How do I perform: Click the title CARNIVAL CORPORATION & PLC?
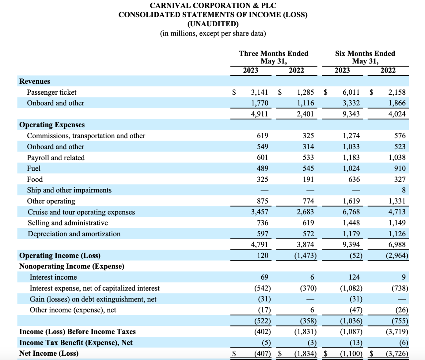pyautogui.click(x=213, y=6)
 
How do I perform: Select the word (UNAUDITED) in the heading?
pyautogui.click(x=213, y=24)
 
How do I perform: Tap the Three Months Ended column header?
pyautogui.click(x=274, y=54)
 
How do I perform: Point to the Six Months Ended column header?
pyautogui.click(x=365, y=54)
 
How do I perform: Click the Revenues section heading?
pyautogui.click(x=35, y=81)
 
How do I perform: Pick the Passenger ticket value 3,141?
pyautogui.click(x=259, y=92)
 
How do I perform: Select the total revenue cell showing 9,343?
pyautogui.click(x=351, y=114)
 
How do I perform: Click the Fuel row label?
pyautogui.click(x=34, y=169)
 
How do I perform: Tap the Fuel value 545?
pyautogui.click(x=308, y=169)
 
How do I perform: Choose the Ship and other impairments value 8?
pyautogui.click(x=403, y=190)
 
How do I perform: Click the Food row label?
pyautogui.click(x=35, y=180)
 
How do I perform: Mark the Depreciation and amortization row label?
pyautogui.click(x=74, y=234)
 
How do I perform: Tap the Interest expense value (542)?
pyautogui.click(x=262, y=288)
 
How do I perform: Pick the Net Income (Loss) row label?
pyautogui.click(x=49, y=353)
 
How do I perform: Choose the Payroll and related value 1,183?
pyautogui.click(x=351, y=158)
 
